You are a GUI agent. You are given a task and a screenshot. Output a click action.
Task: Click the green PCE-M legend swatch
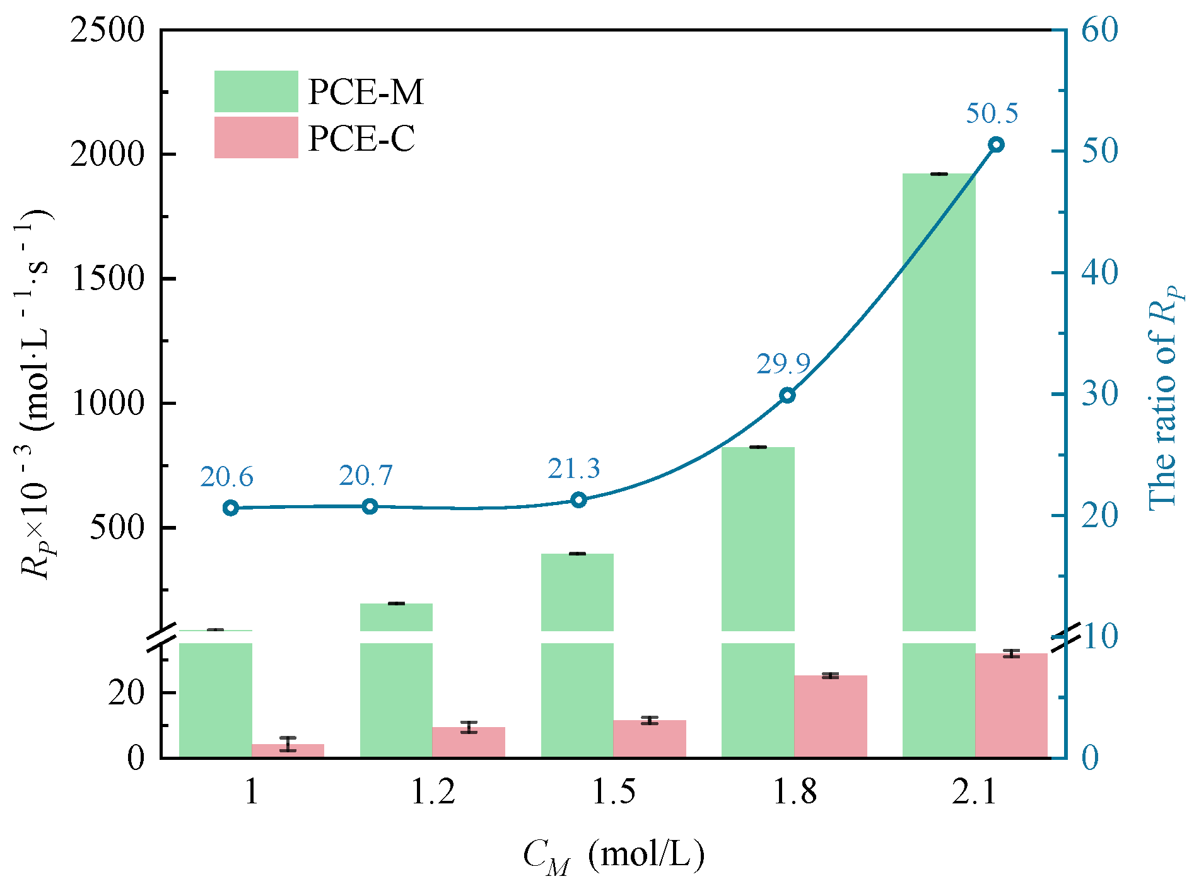[255, 91]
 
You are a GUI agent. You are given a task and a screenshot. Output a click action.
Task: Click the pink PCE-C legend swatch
[255, 137]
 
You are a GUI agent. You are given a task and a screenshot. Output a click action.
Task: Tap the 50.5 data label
[992, 114]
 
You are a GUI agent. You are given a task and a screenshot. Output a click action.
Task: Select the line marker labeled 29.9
[787, 395]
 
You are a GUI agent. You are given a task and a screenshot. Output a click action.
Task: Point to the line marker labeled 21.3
[578, 500]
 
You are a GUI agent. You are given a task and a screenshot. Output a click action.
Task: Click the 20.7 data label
[365, 476]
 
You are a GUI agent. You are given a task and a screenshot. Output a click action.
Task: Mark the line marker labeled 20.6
[230, 508]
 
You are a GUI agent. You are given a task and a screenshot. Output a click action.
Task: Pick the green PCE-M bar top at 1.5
[577, 554]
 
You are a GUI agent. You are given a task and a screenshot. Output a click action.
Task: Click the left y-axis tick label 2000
[108, 154]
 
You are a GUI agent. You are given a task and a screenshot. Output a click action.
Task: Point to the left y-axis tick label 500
[117, 527]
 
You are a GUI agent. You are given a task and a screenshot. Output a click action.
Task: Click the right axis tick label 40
[1099, 273]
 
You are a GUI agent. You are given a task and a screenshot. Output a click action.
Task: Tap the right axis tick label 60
[1099, 30]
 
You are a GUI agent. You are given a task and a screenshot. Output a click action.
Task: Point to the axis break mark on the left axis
[161, 637]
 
